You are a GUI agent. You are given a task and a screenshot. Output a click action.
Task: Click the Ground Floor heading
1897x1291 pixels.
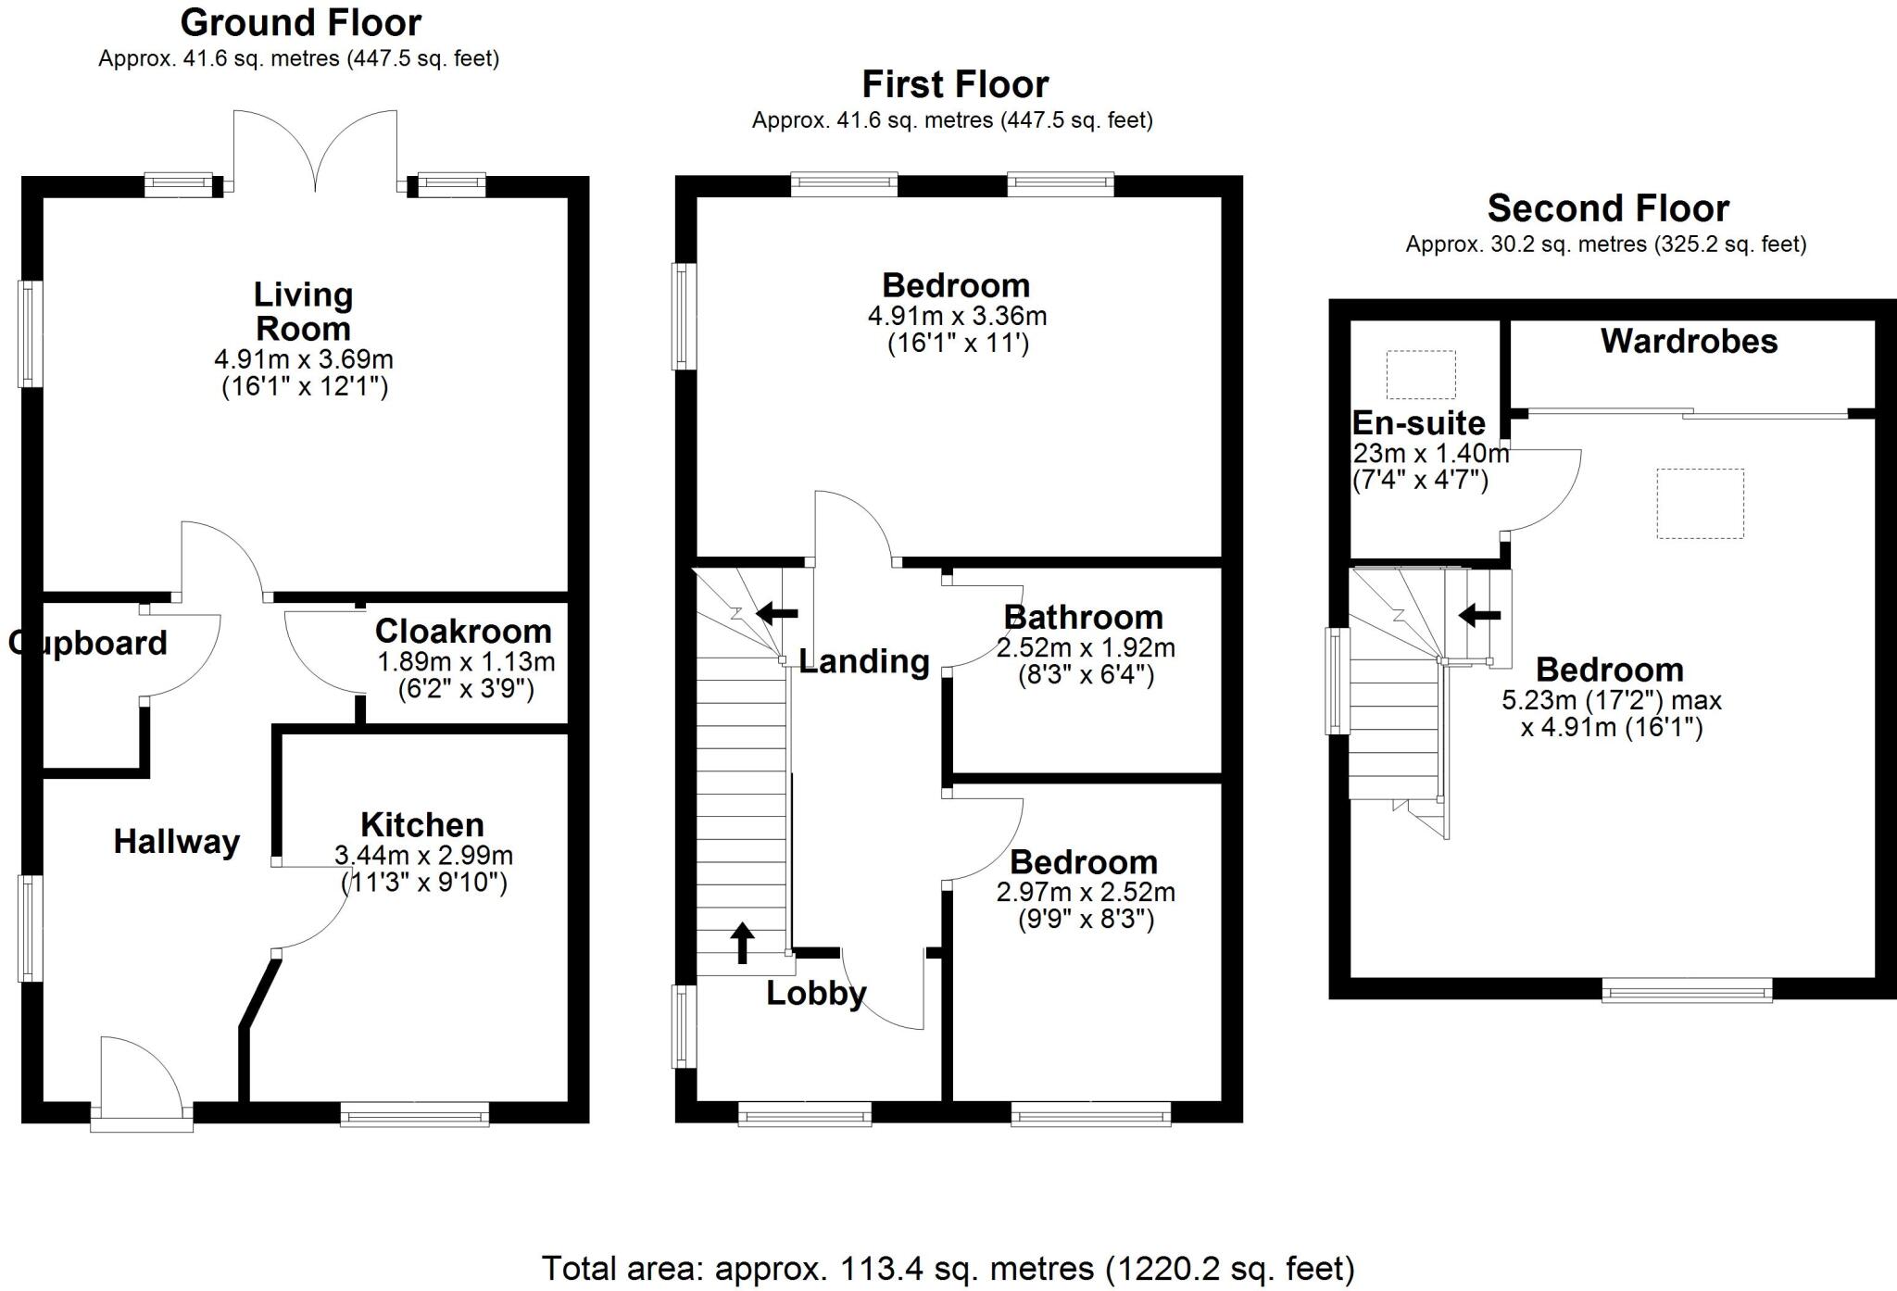tap(301, 22)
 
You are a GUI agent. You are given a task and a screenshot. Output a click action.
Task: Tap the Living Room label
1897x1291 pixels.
tap(303, 312)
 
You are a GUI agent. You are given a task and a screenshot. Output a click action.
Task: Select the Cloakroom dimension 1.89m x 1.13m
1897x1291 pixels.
tap(466, 662)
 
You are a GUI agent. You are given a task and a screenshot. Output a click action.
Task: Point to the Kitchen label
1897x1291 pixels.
tap(422, 825)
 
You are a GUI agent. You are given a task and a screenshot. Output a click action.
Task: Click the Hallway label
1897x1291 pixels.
tap(177, 842)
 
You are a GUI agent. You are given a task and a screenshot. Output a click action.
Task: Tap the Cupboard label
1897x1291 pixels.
tap(88, 643)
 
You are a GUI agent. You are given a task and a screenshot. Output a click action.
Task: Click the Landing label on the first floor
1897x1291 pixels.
tap(863, 661)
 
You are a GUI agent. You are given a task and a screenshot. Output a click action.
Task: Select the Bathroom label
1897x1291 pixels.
tap(1083, 618)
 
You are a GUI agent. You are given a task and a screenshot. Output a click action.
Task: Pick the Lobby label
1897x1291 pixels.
tap(816, 994)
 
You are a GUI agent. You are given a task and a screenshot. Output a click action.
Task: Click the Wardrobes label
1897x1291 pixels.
tap(1689, 342)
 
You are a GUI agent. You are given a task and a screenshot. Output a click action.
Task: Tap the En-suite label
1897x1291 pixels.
tap(1418, 423)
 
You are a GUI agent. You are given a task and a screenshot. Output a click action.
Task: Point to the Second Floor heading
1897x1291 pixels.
tap(1608, 209)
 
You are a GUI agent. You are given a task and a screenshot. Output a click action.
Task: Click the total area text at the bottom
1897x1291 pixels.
tap(948, 1268)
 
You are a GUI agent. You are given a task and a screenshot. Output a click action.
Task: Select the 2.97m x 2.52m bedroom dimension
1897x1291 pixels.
tap(1086, 893)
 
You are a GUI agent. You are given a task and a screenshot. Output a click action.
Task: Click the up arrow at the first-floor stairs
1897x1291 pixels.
tap(742, 943)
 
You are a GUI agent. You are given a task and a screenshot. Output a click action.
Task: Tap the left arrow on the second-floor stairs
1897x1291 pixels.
tap(1479, 615)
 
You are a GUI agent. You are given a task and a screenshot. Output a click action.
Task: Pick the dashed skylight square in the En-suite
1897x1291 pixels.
tap(1420, 375)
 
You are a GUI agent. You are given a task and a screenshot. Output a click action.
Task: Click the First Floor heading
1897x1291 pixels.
tap(955, 85)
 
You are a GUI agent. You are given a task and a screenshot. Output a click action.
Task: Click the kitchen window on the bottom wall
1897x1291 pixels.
tap(414, 1113)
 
